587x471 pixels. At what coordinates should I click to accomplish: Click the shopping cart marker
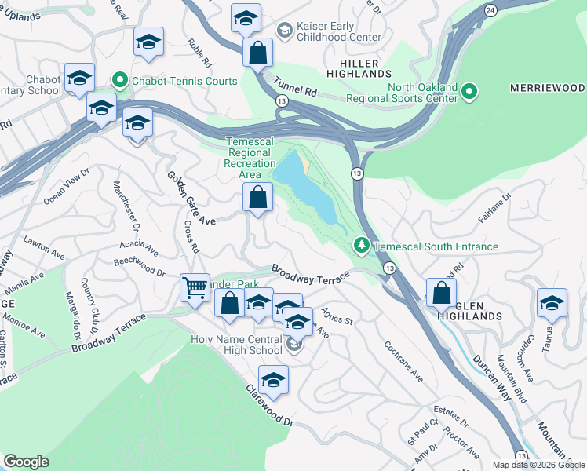(x=195, y=287)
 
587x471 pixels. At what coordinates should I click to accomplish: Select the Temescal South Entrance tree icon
(x=361, y=246)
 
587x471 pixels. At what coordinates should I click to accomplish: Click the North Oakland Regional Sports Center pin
(x=469, y=92)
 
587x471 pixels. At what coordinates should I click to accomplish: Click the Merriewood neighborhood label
(x=549, y=86)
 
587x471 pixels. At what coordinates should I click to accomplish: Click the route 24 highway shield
(x=490, y=10)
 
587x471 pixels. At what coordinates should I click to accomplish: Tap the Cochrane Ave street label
(x=403, y=361)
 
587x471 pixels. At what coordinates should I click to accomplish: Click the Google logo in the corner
(x=26, y=462)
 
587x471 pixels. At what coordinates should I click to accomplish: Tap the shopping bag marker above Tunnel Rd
(x=257, y=53)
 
